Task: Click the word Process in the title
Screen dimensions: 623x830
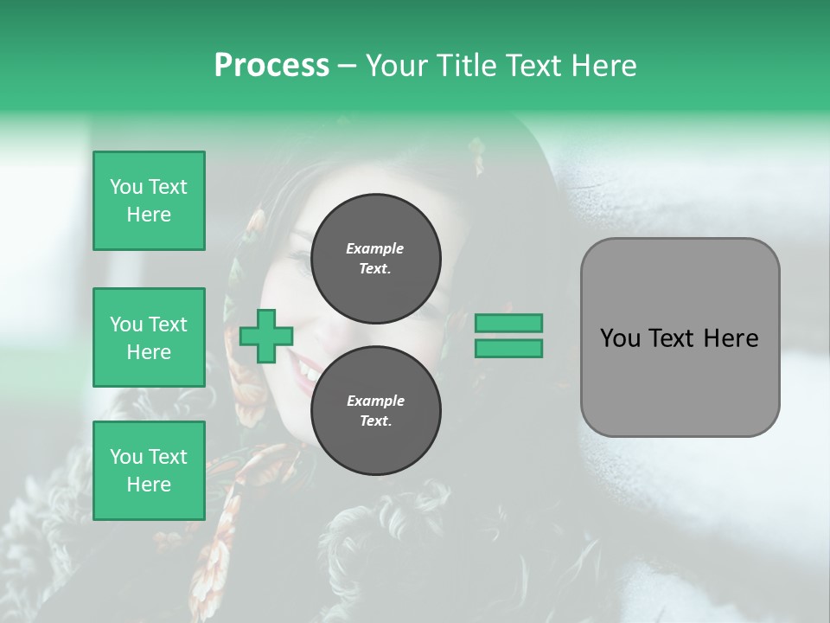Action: pyautogui.click(x=271, y=66)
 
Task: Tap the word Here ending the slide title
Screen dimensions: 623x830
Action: pyautogui.click(x=605, y=66)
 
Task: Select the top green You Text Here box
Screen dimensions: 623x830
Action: pyautogui.click(x=149, y=201)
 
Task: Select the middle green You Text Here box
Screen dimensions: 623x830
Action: pyautogui.click(x=149, y=337)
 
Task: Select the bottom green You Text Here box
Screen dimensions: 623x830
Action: pyautogui.click(x=149, y=471)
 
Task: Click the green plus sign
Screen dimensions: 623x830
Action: pyautogui.click(x=266, y=336)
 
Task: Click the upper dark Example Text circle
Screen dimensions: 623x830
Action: pyautogui.click(x=376, y=259)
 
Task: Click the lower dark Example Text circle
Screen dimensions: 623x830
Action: pyautogui.click(x=376, y=411)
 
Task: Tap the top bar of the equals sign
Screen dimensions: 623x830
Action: pyautogui.click(x=508, y=323)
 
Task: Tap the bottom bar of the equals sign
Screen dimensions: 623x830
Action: pyautogui.click(x=508, y=349)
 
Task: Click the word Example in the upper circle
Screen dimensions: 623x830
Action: pyautogui.click(x=374, y=248)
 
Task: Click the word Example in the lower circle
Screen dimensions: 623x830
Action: pyautogui.click(x=375, y=401)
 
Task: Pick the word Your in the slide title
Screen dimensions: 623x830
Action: pyautogui.click(x=397, y=66)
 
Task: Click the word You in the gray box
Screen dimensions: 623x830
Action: pyautogui.click(x=621, y=338)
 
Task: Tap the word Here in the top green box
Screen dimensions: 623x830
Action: pyautogui.click(x=149, y=215)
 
